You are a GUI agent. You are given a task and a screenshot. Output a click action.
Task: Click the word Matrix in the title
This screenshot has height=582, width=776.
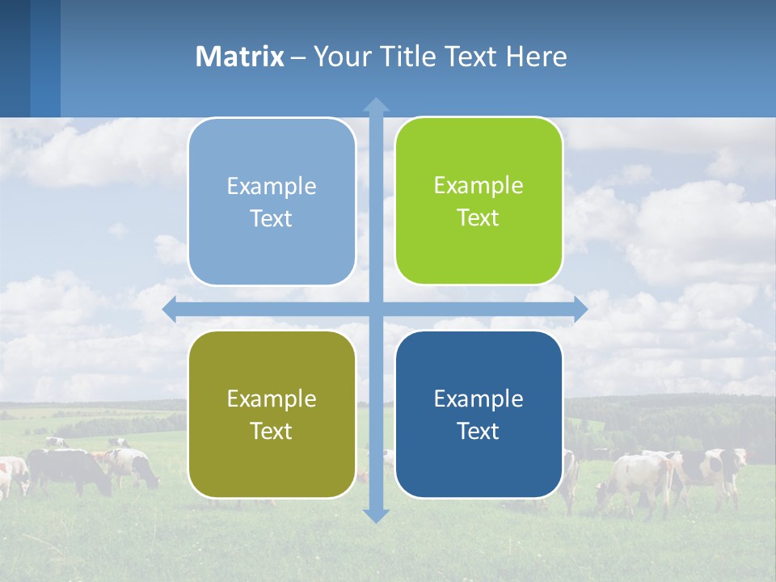pos(239,57)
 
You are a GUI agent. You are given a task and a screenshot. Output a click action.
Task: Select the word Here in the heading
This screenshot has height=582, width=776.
pos(537,57)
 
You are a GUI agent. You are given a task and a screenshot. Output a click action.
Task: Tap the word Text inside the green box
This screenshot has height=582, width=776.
pos(478,218)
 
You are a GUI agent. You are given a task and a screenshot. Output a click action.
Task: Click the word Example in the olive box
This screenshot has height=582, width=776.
pos(272,399)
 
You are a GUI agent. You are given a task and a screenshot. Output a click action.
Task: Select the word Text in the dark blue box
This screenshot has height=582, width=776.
pos(478,431)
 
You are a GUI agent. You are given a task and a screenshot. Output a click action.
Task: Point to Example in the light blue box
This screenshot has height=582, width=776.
pos(272,186)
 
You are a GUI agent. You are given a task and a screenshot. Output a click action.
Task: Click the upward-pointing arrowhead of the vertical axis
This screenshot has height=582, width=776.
pos(376,104)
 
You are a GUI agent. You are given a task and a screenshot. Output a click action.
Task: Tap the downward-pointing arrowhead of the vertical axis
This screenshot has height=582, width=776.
pos(376,516)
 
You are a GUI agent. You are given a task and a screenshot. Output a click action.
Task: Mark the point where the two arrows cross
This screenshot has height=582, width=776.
pos(376,310)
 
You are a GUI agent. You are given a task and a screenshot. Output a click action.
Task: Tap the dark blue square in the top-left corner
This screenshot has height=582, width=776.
pos(15,57)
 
